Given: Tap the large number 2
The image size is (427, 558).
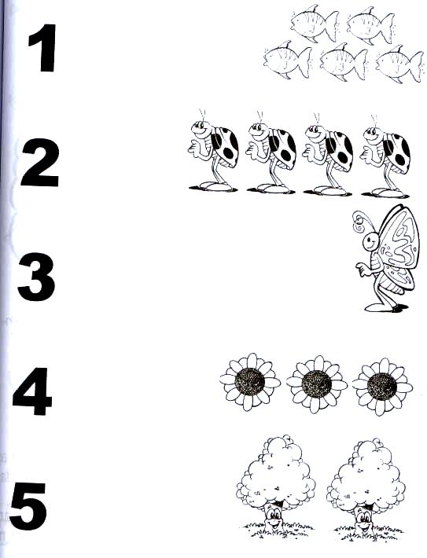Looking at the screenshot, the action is [x=40, y=163].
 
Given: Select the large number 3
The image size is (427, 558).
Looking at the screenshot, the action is [x=37, y=277].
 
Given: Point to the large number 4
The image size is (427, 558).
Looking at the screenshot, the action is [x=32, y=391].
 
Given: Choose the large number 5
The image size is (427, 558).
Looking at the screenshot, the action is [x=28, y=506].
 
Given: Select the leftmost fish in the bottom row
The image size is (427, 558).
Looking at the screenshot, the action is [x=287, y=60].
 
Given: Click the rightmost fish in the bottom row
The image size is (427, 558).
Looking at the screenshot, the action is [x=399, y=64].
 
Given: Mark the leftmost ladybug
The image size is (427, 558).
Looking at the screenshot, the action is [x=213, y=151].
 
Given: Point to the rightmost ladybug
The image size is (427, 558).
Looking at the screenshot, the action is [x=385, y=156].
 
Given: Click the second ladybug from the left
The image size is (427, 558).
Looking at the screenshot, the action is [x=271, y=152].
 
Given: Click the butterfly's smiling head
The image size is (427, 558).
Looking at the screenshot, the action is [x=370, y=243].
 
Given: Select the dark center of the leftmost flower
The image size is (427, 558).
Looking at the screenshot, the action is [x=249, y=382].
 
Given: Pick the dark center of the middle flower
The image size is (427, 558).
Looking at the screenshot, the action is [x=316, y=384].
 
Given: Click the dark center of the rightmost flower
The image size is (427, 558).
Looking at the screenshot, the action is [x=381, y=387].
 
